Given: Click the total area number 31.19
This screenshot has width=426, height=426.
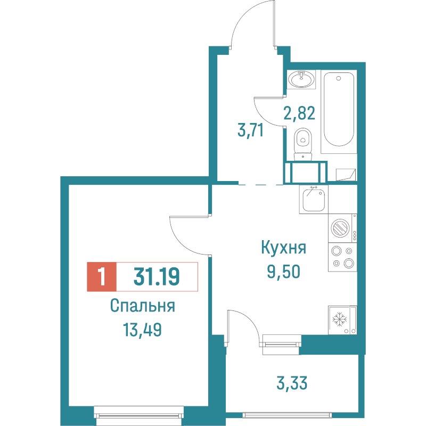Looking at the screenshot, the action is [x=157, y=276].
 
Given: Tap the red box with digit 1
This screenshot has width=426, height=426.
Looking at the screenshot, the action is [x=102, y=276].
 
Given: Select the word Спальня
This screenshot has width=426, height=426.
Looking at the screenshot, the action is [x=142, y=306].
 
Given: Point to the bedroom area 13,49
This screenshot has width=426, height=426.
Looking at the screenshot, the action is [x=142, y=330].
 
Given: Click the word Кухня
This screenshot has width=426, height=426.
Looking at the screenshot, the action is [x=283, y=248].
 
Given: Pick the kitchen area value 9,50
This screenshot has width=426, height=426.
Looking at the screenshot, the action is [x=284, y=272].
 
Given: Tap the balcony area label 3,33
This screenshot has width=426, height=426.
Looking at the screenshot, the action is [x=292, y=382].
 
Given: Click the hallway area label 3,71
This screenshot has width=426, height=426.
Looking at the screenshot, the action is [x=250, y=130].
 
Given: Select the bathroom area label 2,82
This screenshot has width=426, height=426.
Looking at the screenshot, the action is [x=299, y=113].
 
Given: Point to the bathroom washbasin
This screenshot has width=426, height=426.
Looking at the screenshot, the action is [x=301, y=79].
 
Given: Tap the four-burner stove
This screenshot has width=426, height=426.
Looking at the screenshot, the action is [x=342, y=257].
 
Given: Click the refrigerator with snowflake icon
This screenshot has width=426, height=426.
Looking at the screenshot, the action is [x=342, y=320].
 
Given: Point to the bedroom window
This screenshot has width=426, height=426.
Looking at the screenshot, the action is [x=139, y=415].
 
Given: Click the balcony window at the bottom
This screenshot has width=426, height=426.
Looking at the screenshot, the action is [x=287, y=415].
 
